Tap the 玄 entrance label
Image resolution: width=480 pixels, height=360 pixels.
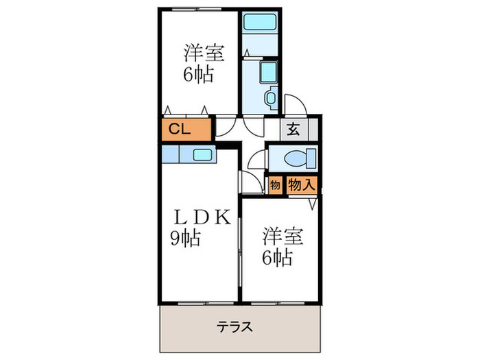click(x=293, y=128)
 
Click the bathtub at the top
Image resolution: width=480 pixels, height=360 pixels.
click(x=261, y=22)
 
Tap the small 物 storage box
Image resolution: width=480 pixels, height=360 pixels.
click(x=274, y=184)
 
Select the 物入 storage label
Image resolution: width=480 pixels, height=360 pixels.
click(x=301, y=184)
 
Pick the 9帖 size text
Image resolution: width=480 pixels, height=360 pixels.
click(x=185, y=239)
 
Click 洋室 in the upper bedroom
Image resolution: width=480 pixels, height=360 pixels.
click(x=204, y=53)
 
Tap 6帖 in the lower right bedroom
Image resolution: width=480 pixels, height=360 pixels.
click(x=277, y=258)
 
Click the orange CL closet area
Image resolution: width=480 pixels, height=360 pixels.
click(x=185, y=129)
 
